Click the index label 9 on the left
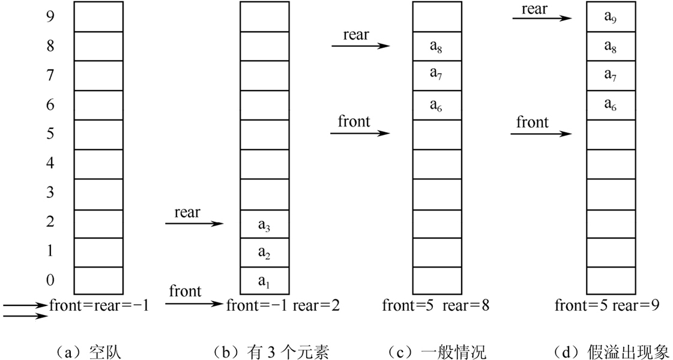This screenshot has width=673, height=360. pos(50,16)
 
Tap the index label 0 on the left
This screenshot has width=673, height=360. pos(50,280)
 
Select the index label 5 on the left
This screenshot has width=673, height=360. pos(50,133)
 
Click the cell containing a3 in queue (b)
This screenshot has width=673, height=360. pos(265,224)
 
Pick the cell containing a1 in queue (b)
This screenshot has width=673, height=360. pos(265,280)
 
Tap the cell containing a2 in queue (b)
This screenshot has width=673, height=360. pos(265,253)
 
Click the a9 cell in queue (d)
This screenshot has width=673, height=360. pos(611,17)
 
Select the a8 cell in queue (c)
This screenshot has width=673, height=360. pos(436,47)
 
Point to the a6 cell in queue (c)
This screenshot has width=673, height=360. pos(436,105)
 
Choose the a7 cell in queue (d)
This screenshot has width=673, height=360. pos(611,76)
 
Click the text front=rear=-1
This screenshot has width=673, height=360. pos(99,305)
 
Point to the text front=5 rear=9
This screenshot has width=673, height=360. pos(607,305)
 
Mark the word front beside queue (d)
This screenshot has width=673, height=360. pos(533,122)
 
